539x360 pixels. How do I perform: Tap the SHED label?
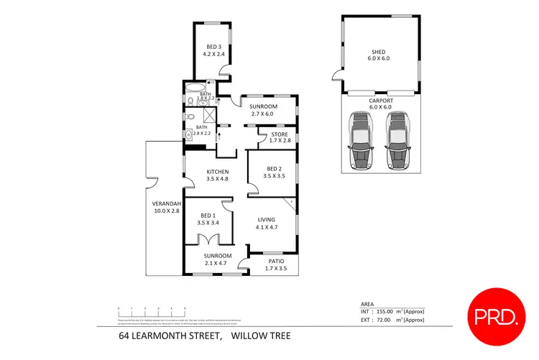point(378,52)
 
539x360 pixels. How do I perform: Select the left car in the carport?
point(360,140)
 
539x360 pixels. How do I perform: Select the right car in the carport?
point(397,140)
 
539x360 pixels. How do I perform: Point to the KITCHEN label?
point(217,172)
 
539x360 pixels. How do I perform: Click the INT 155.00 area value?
point(392,311)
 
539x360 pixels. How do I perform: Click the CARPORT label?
point(378,101)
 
